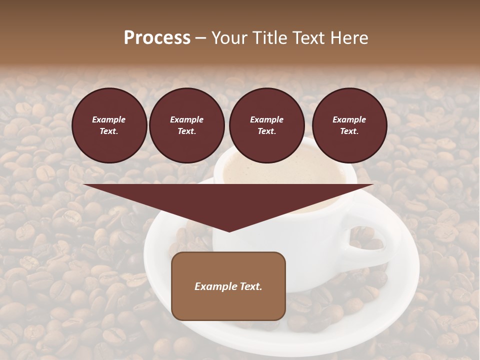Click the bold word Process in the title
pos(157,38)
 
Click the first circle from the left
pos(109,125)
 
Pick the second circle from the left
pos(186,125)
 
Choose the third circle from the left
pos(266,125)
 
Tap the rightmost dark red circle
pos(349,125)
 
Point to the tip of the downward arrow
pos(228,231)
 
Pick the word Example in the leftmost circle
pos(109,119)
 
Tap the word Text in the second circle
pos(186,131)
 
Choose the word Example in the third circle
pos(266,119)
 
